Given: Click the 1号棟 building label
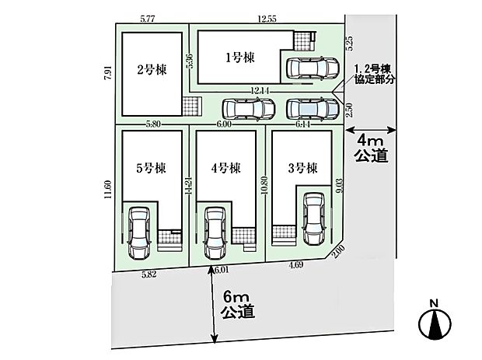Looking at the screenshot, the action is coord(240,58).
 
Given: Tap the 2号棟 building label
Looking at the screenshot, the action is coord(152,70).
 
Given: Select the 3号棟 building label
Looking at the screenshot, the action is coord(302,168).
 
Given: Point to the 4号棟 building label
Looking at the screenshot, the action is coord(226,168).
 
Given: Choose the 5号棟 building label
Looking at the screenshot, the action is coord(151,168).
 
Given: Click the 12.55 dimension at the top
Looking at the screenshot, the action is coord(267,19).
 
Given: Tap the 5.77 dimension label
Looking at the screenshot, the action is coord(147,19).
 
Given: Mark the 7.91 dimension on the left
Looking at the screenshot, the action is coord(107,73).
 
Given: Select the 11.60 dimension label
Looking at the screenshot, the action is coord(107,190).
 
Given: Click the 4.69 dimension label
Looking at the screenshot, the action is coord(296,265).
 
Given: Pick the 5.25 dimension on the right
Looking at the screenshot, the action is coord(350,44).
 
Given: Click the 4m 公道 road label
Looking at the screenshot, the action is coord(372,149).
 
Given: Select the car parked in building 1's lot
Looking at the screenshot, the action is coord(313,68).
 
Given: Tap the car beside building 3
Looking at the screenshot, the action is coord(314,218).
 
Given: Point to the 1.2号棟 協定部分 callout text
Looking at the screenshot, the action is coord(374,75).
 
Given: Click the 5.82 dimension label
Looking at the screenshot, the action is coord(149,274).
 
